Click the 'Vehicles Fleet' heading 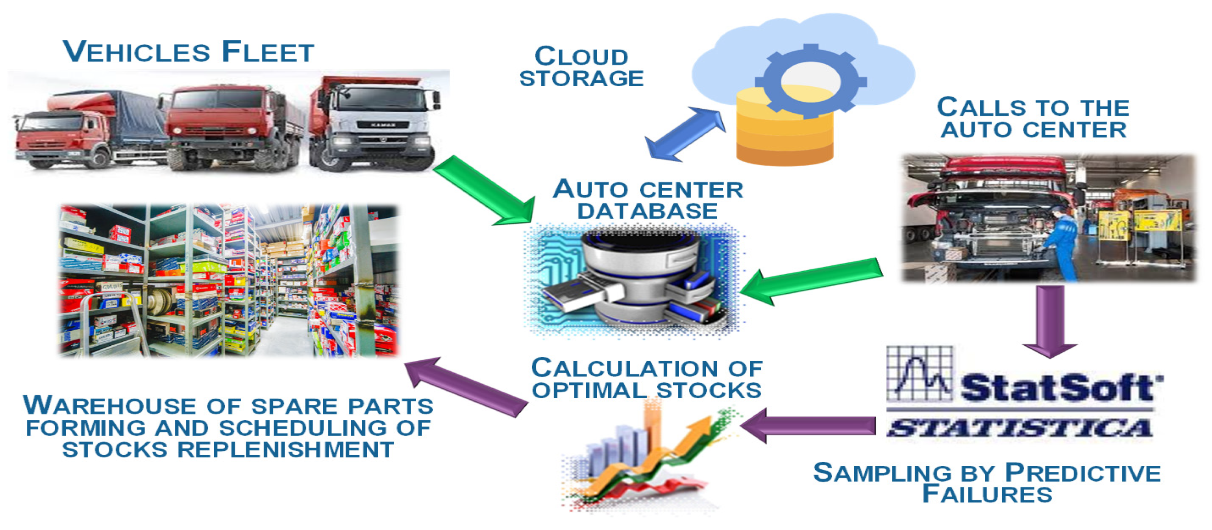(x=188, y=51)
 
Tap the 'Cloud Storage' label (x=581, y=67)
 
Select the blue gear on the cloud (x=810, y=82)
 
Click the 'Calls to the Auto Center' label (x=1033, y=118)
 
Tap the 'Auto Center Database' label (x=648, y=200)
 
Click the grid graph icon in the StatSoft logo (x=919, y=374)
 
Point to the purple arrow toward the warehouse (x=466, y=386)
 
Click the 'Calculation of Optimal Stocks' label (x=646, y=379)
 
